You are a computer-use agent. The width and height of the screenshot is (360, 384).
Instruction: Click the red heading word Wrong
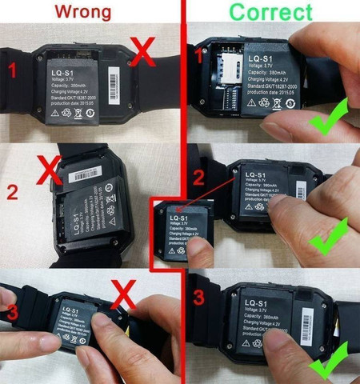click(89, 12)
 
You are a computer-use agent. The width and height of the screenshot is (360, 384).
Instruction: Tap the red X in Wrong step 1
click(142, 55)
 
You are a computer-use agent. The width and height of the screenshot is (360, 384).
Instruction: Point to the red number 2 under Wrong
click(10, 192)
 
